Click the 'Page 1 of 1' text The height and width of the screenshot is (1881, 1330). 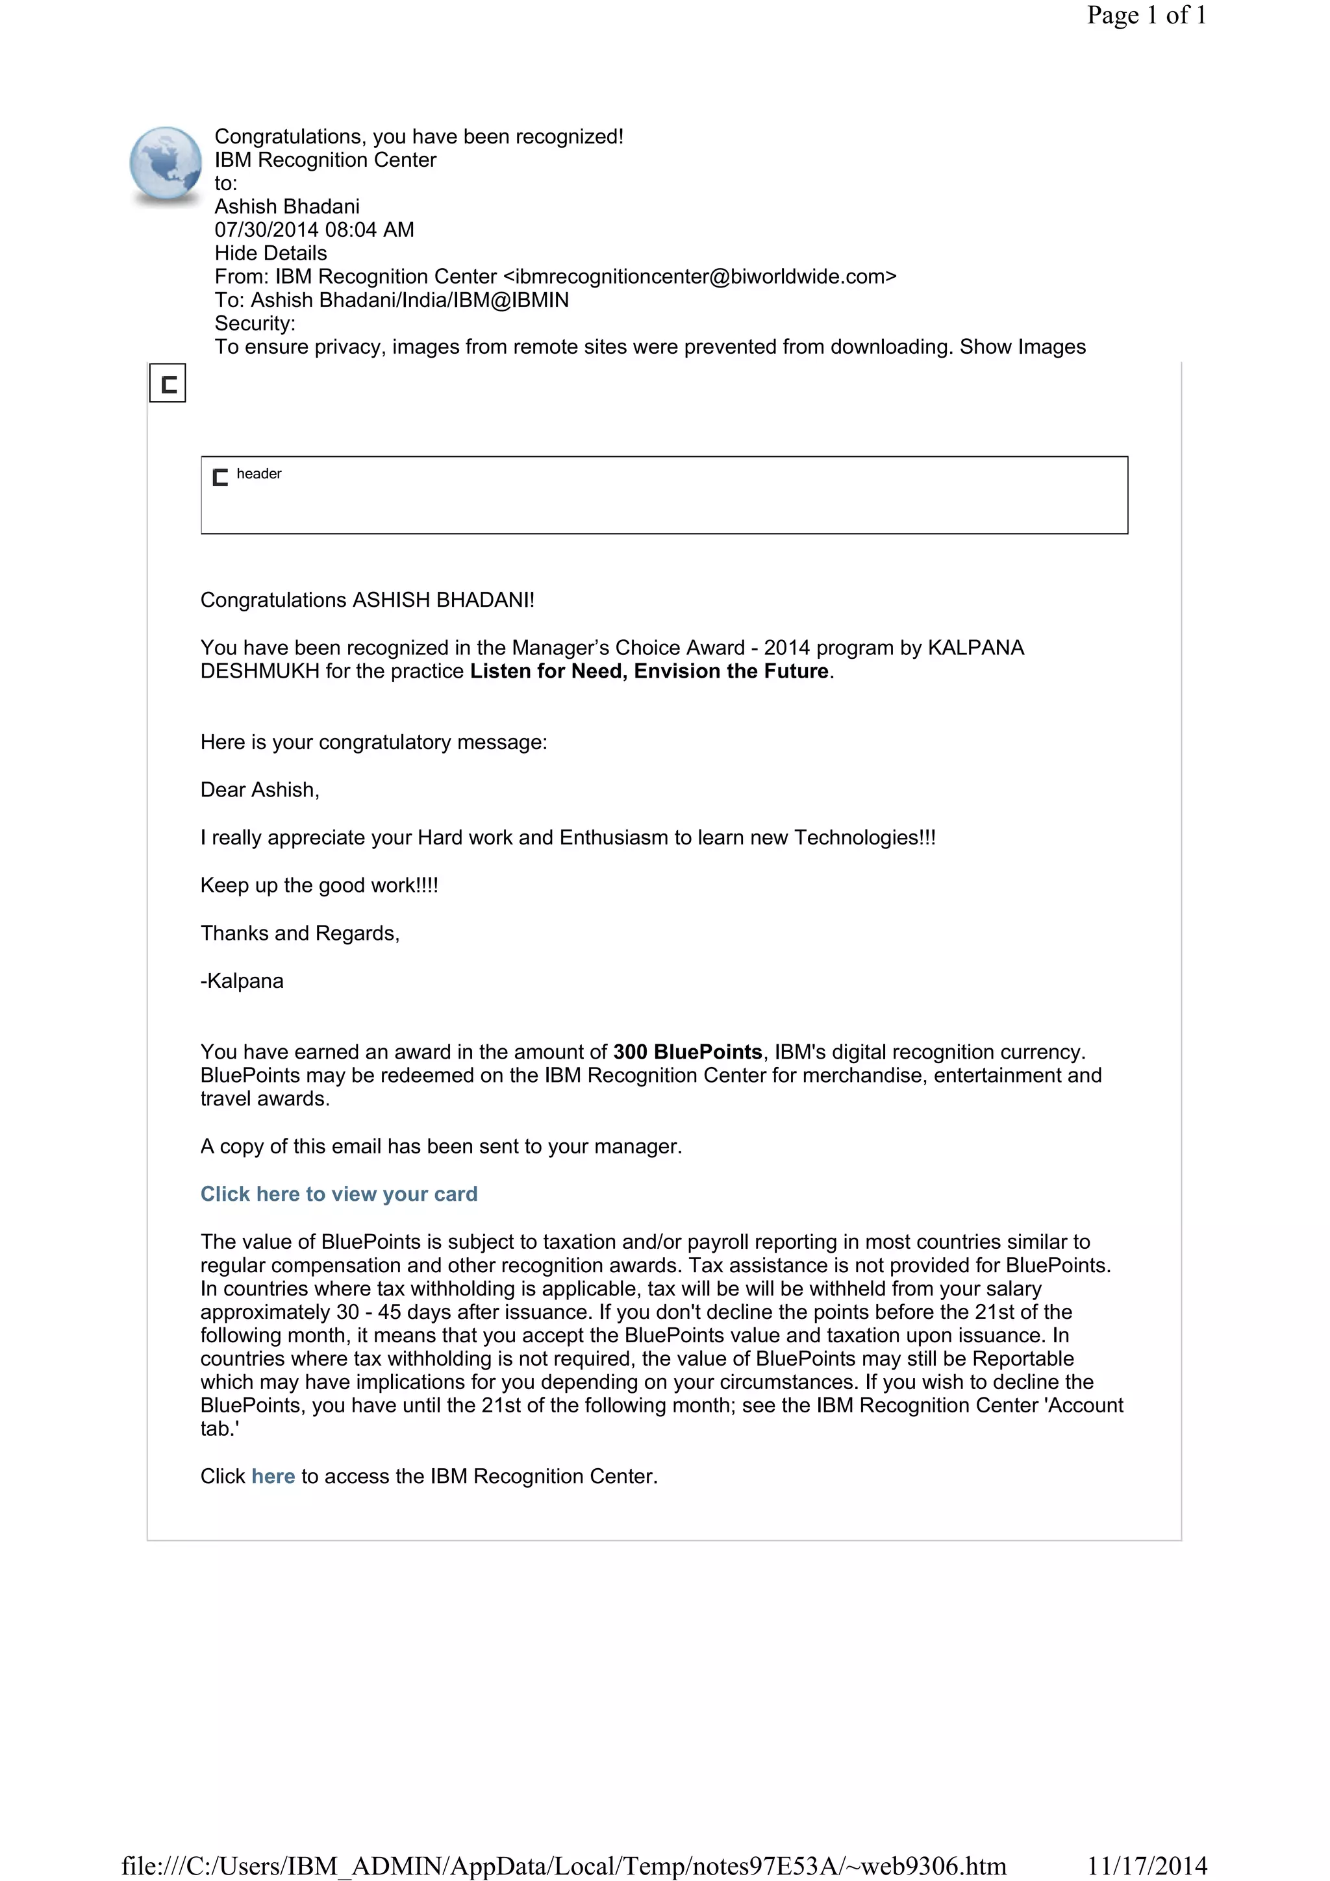(x=1146, y=16)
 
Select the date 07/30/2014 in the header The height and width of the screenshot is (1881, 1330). (x=266, y=230)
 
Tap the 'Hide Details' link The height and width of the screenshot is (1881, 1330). (x=270, y=253)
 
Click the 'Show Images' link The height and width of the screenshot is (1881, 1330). (x=1022, y=347)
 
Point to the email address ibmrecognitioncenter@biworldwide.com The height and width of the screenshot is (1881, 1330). (x=700, y=277)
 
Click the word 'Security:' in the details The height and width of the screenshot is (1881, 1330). (x=255, y=324)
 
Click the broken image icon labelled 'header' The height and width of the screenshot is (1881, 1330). (x=220, y=478)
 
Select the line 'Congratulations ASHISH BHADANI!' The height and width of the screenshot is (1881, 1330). (x=367, y=600)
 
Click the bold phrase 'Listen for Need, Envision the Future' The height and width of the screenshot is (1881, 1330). (x=649, y=672)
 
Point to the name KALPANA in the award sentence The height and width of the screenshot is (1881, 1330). (x=975, y=648)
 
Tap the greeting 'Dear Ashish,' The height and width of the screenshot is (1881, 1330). (x=260, y=791)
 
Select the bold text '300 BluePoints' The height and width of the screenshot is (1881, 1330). (x=688, y=1053)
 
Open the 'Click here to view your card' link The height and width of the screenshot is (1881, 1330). (x=338, y=1194)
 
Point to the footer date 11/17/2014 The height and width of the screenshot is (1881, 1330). (x=1146, y=1865)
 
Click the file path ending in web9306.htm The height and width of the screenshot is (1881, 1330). (x=564, y=1865)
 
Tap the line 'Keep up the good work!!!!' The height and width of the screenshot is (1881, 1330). (x=320, y=885)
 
